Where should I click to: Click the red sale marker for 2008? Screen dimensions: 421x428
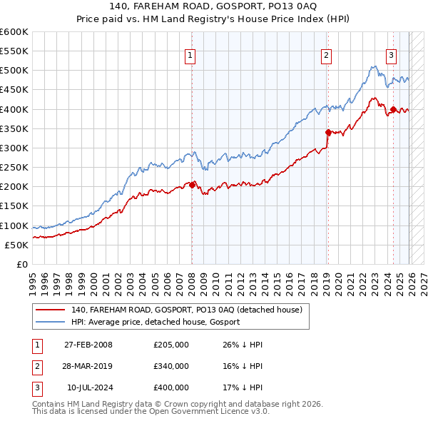[192, 185]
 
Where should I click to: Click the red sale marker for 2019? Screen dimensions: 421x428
[327, 132]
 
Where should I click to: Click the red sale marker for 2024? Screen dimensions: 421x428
[393, 109]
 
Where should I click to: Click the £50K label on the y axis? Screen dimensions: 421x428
[17, 245]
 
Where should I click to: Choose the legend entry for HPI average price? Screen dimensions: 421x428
[156, 322]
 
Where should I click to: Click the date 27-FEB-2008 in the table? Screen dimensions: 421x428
[88, 345]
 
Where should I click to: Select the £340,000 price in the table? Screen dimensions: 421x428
[170, 366]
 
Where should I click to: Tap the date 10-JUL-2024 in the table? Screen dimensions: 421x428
[88, 387]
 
